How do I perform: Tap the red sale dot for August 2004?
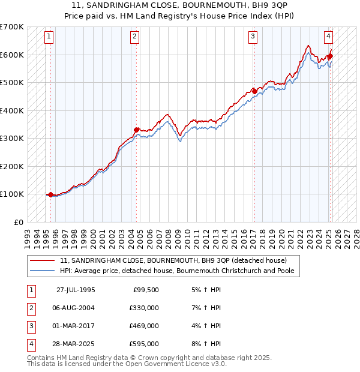click(x=137, y=130)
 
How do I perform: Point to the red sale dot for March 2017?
click(x=254, y=91)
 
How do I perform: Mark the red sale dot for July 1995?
click(x=50, y=194)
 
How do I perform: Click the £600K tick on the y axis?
click(x=13, y=55)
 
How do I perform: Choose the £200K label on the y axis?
click(x=13, y=166)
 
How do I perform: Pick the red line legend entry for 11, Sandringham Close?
click(x=173, y=260)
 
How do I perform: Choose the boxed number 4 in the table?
click(x=30, y=344)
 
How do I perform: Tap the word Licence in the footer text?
click(x=191, y=364)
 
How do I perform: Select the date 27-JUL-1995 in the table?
click(x=76, y=290)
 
